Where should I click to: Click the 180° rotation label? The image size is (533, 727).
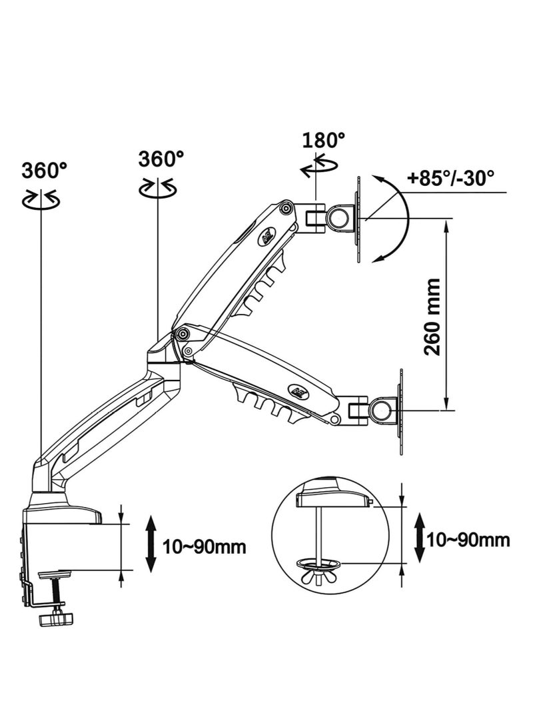click(x=324, y=139)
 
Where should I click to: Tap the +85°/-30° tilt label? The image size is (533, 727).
click(x=450, y=177)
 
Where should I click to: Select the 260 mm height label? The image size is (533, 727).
click(x=432, y=317)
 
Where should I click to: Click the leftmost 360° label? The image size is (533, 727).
click(x=45, y=170)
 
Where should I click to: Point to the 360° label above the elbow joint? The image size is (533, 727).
click(x=161, y=159)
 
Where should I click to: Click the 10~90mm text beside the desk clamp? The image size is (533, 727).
click(x=205, y=546)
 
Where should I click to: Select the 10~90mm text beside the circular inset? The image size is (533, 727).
click(x=468, y=540)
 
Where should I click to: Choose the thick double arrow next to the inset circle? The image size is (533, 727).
click(x=420, y=537)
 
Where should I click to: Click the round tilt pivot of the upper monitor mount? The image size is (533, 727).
click(x=339, y=217)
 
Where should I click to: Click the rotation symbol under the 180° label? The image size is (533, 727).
click(x=319, y=167)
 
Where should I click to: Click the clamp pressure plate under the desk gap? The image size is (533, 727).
click(x=53, y=575)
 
